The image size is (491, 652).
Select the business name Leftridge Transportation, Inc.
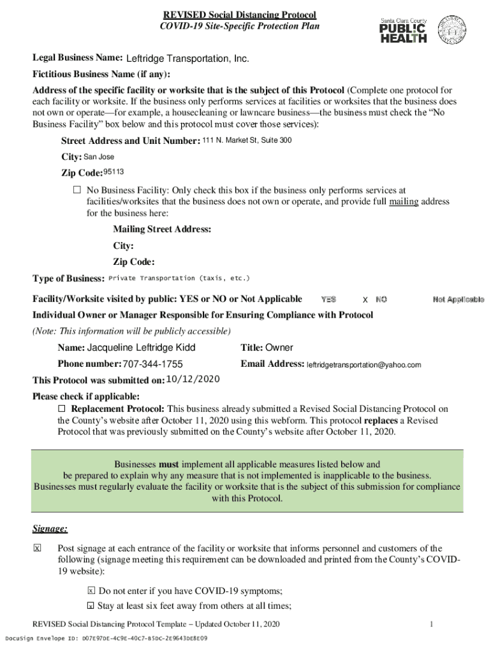point(187,59)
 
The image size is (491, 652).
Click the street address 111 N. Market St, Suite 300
point(247,140)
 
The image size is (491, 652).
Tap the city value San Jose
point(99,157)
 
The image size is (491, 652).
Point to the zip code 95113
point(114,172)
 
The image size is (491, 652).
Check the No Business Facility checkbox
point(77,190)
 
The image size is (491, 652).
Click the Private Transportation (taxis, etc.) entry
point(179,278)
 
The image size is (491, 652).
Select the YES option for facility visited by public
point(328,299)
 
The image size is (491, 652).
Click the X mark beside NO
point(365,299)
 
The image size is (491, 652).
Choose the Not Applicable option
point(458,299)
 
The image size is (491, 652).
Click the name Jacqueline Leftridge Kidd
point(141,348)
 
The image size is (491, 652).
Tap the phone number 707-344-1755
point(153,364)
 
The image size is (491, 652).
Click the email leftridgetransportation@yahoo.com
point(364,365)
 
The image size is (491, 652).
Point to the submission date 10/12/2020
point(193,379)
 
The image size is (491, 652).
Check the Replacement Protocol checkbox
point(62,408)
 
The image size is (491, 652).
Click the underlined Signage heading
point(50,528)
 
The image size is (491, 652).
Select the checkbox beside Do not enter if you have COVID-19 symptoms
point(91,591)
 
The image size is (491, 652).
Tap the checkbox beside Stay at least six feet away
point(91,606)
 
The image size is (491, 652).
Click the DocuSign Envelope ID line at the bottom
point(106,638)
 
